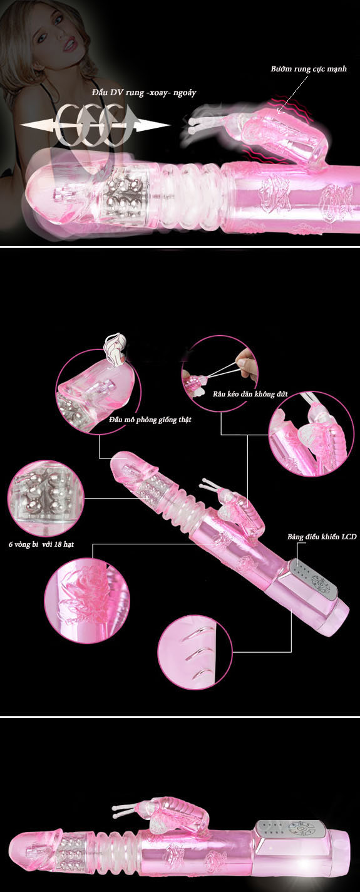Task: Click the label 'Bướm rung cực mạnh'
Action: [x=309, y=69]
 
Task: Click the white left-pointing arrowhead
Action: [x=36, y=125]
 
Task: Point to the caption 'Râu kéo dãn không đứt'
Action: [x=250, y=394]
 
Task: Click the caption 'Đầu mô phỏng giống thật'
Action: [x=150, y=420]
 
